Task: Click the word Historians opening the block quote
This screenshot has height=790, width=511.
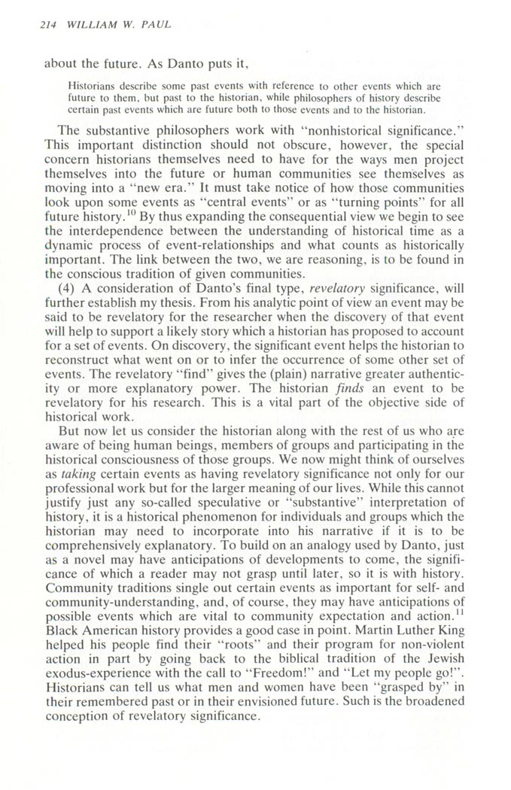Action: [x=89, y=86]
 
